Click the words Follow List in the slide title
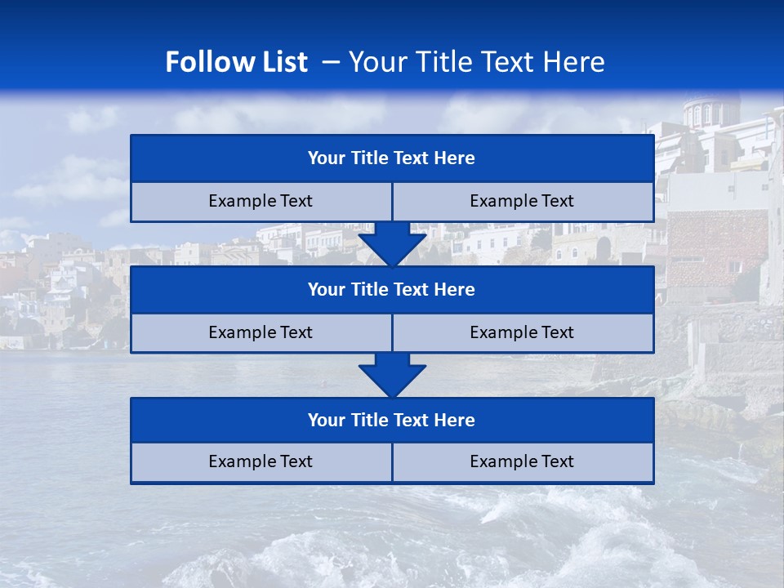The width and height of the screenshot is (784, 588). click(236, 62)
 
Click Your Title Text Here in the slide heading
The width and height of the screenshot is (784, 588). click(476, 62)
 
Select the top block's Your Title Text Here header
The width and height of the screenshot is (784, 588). click(391, 158)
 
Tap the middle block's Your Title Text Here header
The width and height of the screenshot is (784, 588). click(391, 290)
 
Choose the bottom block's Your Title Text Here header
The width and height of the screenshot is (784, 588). click(391, 421)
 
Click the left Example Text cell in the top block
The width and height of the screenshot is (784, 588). click(261, 202)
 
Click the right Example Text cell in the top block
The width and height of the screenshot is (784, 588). click(522, 202)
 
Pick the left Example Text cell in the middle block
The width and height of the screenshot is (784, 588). click(261, 333)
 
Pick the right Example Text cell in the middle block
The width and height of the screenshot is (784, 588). click(522, 333)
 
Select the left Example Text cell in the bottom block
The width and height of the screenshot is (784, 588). click(261, 462)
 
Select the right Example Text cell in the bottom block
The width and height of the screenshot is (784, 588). click(522, 462)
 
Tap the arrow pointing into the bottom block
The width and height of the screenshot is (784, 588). click(392, 375)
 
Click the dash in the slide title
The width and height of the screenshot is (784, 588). click(331, 62)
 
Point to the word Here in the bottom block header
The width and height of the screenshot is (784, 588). click(455, 421)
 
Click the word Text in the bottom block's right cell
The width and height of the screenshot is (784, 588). click(556, 462)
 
